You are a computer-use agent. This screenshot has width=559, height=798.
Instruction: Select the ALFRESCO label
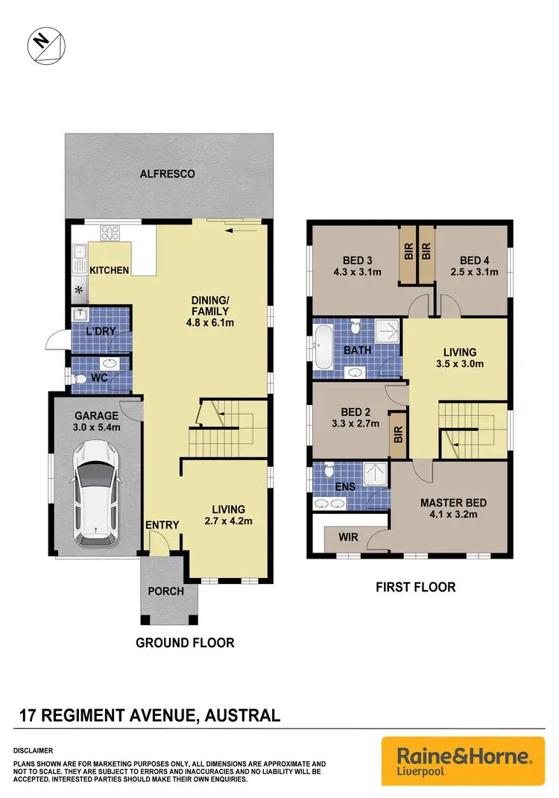(168, 174)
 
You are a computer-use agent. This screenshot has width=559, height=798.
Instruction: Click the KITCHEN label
(110, 270)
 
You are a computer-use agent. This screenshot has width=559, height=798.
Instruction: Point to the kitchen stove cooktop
(110, 232)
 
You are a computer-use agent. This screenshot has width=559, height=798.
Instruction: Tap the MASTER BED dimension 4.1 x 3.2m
(448, 514)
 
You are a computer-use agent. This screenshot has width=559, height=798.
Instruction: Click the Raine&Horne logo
(458, 761)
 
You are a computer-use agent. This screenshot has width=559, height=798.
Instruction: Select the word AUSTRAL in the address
(239, 716)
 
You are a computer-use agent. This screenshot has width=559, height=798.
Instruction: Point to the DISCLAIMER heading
(32, 750)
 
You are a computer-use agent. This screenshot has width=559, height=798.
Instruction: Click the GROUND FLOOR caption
(185, 642)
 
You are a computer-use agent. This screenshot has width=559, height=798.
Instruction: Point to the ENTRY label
(162, 525)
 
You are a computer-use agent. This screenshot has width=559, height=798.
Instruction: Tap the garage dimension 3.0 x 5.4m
(95, 427)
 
